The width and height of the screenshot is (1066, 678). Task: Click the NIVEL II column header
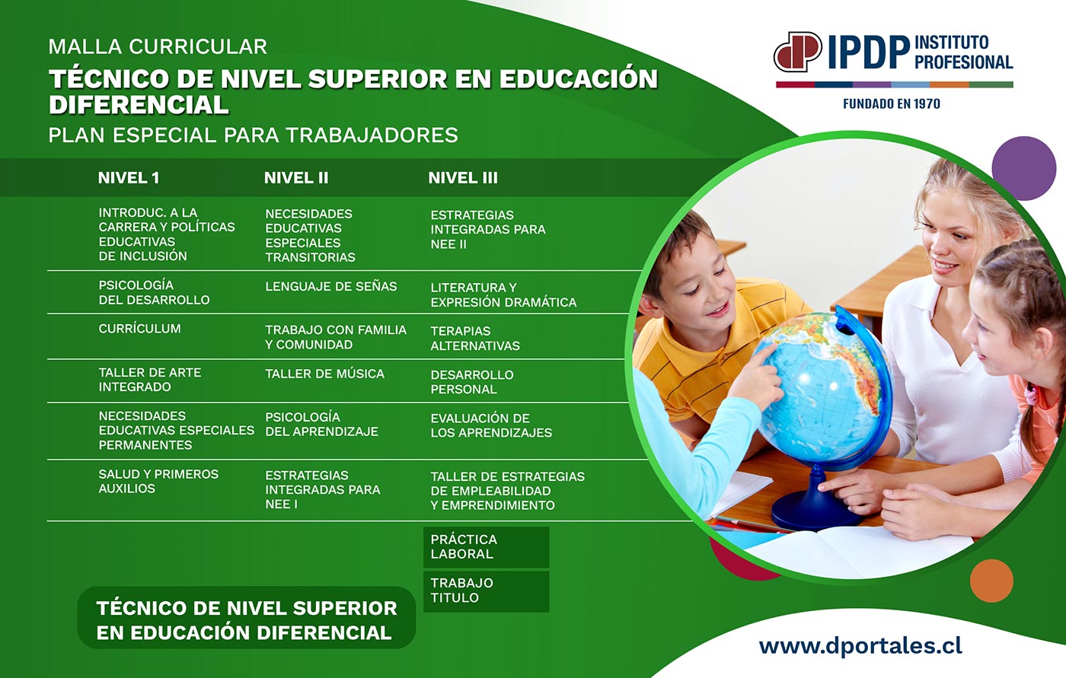tap(296, 178)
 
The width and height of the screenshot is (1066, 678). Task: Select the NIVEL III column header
tap(463, 178)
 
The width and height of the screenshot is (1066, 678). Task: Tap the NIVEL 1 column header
tap(129, 178)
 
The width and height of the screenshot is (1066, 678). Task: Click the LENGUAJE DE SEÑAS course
tap(330, 286)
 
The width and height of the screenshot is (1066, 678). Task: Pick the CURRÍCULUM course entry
tap(139, 329)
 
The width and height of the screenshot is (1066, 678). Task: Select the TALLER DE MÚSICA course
tap(324, 374)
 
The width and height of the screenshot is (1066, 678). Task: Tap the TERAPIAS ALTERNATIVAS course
tap(475, 338)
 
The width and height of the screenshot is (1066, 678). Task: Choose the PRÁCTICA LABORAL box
tap(487, 547)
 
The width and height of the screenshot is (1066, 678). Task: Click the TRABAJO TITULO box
tap(487, 591)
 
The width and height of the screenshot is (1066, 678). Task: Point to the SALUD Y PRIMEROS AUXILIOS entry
tap(158, 481)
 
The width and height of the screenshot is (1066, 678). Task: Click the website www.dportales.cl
tap(860, 646)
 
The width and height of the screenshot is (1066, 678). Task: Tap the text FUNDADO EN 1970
tap(892, 104)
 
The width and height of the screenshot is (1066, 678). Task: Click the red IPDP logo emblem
tap(798, 51)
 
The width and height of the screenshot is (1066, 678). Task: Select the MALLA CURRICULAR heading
tap(158, 46)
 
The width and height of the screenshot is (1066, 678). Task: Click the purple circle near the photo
tap(1023, 168)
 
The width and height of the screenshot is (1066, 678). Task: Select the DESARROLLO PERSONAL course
tap(472, 382)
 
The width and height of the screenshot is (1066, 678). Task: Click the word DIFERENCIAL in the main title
tap(139, 104)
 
